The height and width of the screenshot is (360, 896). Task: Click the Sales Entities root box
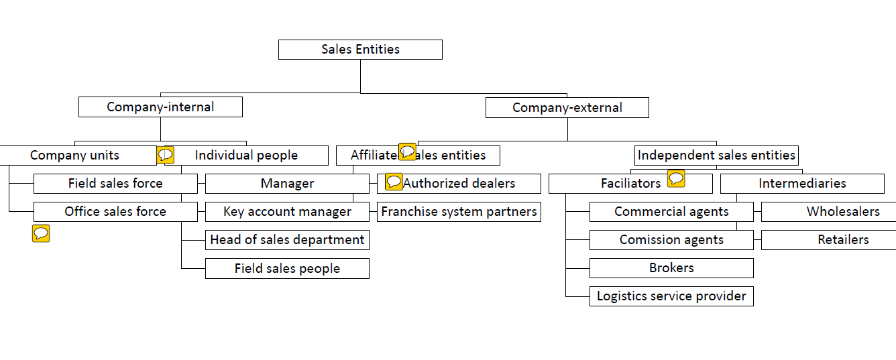coord(360,50)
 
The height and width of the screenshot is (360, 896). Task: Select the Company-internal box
coord(160,107)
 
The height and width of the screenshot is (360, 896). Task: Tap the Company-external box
coord(567,108)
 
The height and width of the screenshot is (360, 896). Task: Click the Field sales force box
coord(115,184)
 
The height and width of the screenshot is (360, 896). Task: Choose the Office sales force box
coord(115,212)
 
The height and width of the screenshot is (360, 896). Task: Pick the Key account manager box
coord(287,212)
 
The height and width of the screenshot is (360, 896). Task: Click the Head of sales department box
coord(287,240)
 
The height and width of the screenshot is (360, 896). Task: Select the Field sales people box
coord(287,269)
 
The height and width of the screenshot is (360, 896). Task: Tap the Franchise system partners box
coord(459,212)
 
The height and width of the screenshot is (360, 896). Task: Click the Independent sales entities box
coord(716,156)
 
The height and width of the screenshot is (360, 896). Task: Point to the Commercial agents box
coord(671,212)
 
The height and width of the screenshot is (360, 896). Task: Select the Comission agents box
coord(671,240)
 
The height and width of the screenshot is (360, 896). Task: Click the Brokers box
coord(671,268)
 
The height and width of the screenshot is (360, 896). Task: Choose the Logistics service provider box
coord(671,296)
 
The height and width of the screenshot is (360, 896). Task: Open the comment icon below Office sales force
coord(41,233)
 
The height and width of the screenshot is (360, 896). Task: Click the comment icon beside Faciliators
coord(676,178)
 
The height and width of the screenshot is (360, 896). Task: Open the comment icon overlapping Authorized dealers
coord(394,182)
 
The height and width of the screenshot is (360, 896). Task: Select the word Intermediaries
coord(802,184)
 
